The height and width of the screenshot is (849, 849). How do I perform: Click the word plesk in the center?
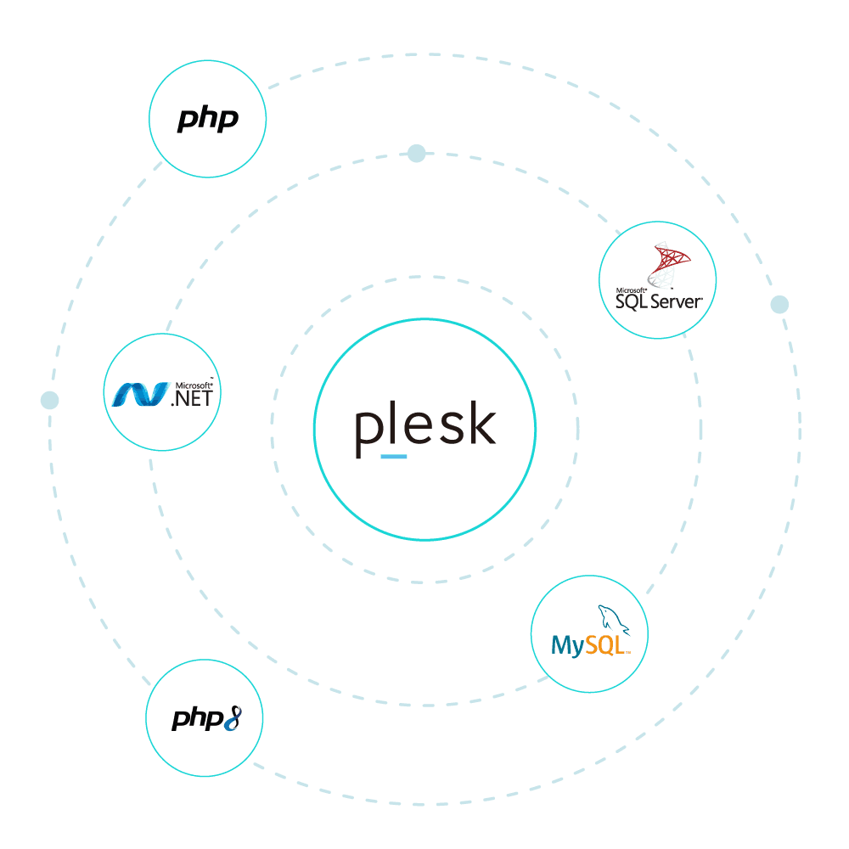coord(424,427)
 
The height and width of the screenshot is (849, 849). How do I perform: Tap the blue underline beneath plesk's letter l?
coord(394,456)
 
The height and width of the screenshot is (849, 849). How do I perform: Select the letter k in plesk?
coord(480,424)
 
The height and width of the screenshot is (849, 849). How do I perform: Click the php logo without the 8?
coord(207,120)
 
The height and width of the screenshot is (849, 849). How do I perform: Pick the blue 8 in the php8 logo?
coord(233,721)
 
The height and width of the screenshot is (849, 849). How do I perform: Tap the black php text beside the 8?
coord(196,720)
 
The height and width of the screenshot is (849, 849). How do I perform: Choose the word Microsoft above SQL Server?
coord(631,290)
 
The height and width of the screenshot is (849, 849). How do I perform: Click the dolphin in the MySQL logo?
coord(614,620)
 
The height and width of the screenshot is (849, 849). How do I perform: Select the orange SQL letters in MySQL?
coord(607,646)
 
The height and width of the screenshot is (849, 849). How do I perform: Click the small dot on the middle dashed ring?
coord(416,154)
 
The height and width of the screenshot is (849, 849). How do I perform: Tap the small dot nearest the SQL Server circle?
coord(779,304)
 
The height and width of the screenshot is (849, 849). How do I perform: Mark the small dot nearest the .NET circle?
coord(49,399)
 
